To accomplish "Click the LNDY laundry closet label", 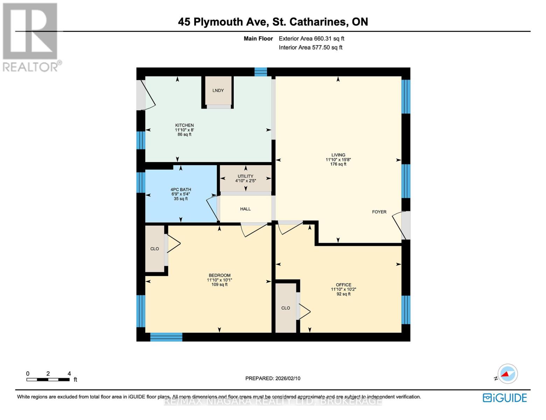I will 218,90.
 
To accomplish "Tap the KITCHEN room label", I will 184,125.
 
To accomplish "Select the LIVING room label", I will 338,155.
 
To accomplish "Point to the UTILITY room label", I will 245,176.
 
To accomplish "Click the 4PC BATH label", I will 181,190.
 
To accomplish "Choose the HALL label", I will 245,209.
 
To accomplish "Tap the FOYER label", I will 379,212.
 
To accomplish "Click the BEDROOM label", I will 219,275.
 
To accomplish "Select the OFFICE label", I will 343,285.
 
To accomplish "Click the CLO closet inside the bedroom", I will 155,249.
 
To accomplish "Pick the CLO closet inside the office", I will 286,308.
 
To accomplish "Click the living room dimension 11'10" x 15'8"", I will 338,160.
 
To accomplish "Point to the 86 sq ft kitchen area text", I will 184,134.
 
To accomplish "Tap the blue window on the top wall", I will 260,72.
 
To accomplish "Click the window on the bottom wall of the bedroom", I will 166,337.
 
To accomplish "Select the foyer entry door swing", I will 399,224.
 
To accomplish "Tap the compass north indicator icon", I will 507,374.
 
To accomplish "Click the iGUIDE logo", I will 505,398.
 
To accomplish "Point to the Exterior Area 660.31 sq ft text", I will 311,38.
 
